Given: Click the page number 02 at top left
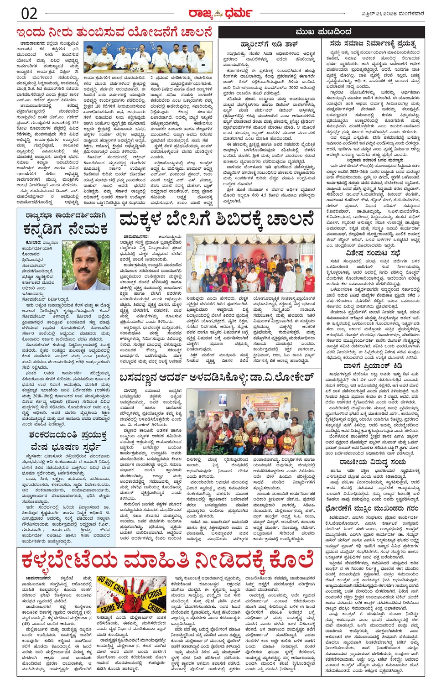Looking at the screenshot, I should [x=30, y=13].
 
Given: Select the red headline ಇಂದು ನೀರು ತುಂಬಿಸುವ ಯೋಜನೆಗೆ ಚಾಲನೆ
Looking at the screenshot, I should [x=114, y=33].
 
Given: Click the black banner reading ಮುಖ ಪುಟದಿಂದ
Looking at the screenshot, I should [x=322, y=32].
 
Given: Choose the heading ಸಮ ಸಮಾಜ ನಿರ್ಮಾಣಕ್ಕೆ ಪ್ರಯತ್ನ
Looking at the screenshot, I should [x=373, y=44].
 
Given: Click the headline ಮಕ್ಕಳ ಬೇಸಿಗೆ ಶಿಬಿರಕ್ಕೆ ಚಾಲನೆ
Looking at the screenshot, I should [x=217, y=220].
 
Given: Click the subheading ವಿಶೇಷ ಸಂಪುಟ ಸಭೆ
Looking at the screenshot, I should [x=373, y=253].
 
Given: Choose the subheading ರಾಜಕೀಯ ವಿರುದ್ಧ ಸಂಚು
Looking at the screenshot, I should [x=373, y=462].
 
